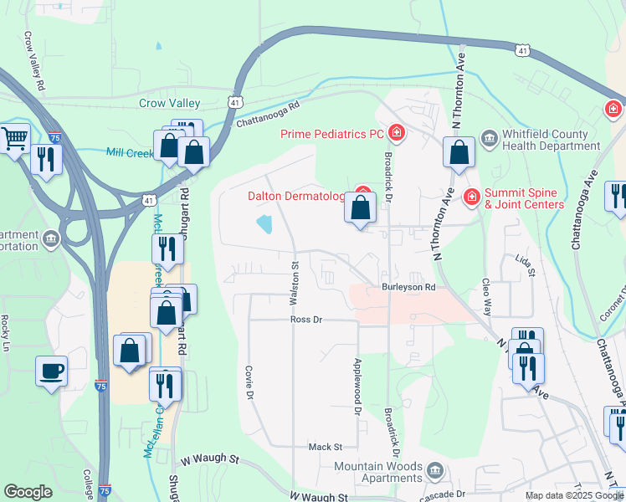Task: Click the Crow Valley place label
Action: (169, 103)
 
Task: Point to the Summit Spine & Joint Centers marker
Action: (472, 196)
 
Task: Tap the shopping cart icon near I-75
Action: (14, 138)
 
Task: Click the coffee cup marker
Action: (51, 370)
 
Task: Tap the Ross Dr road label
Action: (306, 320)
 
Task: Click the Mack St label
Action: (326, 448)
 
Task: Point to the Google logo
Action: (28, 492)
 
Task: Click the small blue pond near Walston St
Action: (264, 223)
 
